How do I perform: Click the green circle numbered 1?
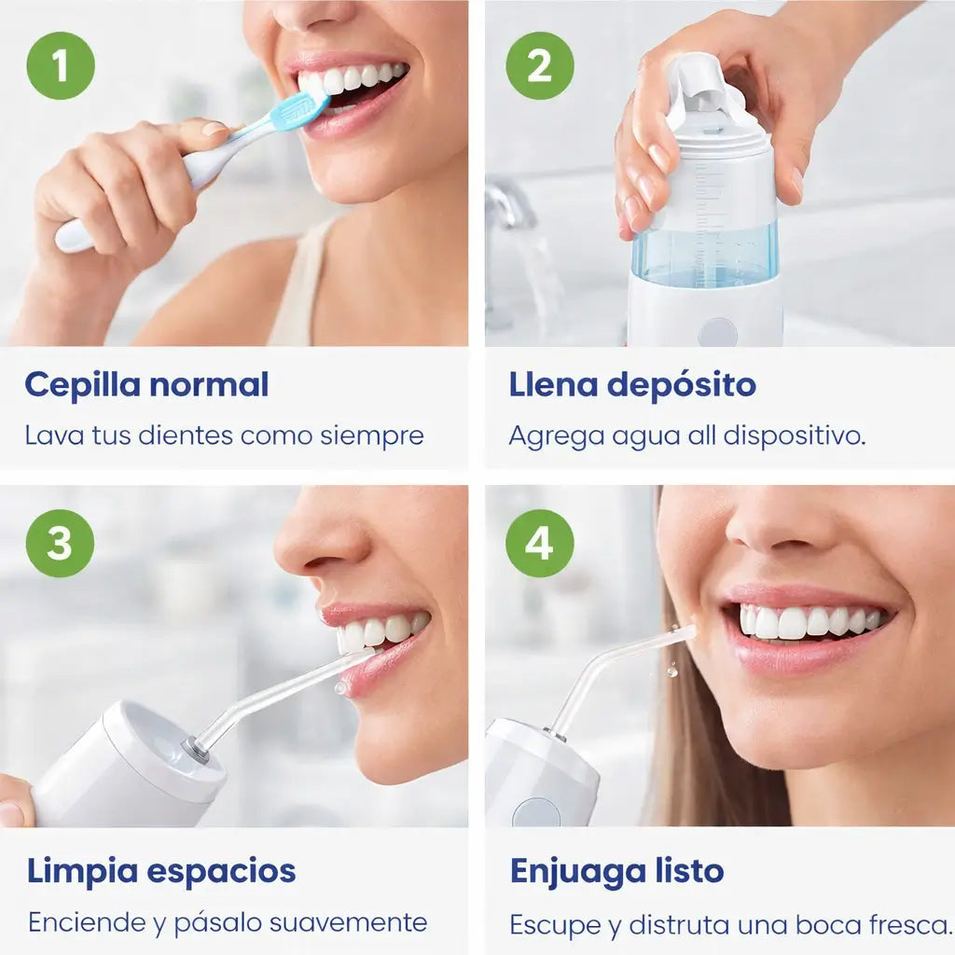click(x=61, y=65)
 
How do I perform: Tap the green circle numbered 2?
click(x=540, y=65)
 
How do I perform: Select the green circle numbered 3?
click(x=61, y=543)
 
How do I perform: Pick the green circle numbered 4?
click(x=540, y=543)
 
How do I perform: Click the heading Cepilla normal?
click(x=146, y=384)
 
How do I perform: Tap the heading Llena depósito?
click(x=632, y=384)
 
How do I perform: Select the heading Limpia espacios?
click(x=161, y=871)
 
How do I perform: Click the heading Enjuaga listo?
click(x=616, y=871)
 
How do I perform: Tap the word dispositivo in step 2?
click(x=793, y=436)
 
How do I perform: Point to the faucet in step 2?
click(x=508, y=205)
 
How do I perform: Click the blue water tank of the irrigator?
click(x=704, y=254)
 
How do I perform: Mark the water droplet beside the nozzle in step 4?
click(x=671, y=670)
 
